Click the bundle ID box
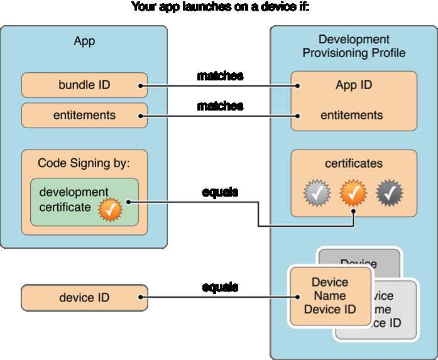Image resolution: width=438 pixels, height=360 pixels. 84,85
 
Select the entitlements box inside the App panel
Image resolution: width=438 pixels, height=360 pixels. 84,116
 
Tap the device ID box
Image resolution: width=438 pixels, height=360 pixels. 84,297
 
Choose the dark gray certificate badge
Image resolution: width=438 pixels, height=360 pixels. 390,193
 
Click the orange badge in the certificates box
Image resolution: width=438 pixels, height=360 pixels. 353,193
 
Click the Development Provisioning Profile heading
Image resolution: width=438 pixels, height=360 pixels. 354,46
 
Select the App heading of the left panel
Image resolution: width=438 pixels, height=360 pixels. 84,41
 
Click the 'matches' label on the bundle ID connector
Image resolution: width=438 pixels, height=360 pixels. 220,77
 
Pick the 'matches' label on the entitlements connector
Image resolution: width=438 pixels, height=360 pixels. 220,107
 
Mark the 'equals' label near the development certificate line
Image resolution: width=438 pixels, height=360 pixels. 220,192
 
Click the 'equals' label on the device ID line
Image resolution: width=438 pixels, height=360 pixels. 220,287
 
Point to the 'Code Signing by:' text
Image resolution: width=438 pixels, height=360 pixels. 84,163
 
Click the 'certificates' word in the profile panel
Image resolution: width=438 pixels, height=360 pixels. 354,163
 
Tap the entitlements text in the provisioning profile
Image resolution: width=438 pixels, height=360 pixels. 351,116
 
